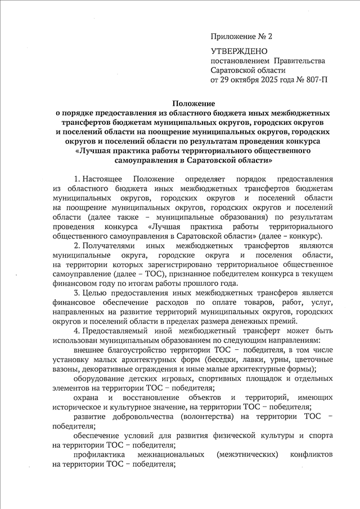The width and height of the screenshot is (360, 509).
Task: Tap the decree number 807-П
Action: point(316,80)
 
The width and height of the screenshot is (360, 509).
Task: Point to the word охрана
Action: point(86,398)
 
